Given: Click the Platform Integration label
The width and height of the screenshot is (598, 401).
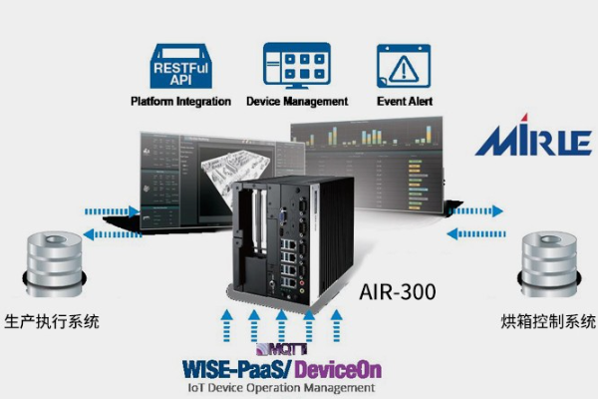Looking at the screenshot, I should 180,101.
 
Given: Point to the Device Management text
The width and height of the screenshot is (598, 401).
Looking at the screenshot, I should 296,101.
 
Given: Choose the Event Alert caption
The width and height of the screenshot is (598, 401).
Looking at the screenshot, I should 404,101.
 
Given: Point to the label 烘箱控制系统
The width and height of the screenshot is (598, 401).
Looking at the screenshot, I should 547,322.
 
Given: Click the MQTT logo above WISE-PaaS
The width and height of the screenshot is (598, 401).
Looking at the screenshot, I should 272,349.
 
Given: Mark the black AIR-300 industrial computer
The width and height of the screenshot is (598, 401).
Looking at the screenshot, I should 286,234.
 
